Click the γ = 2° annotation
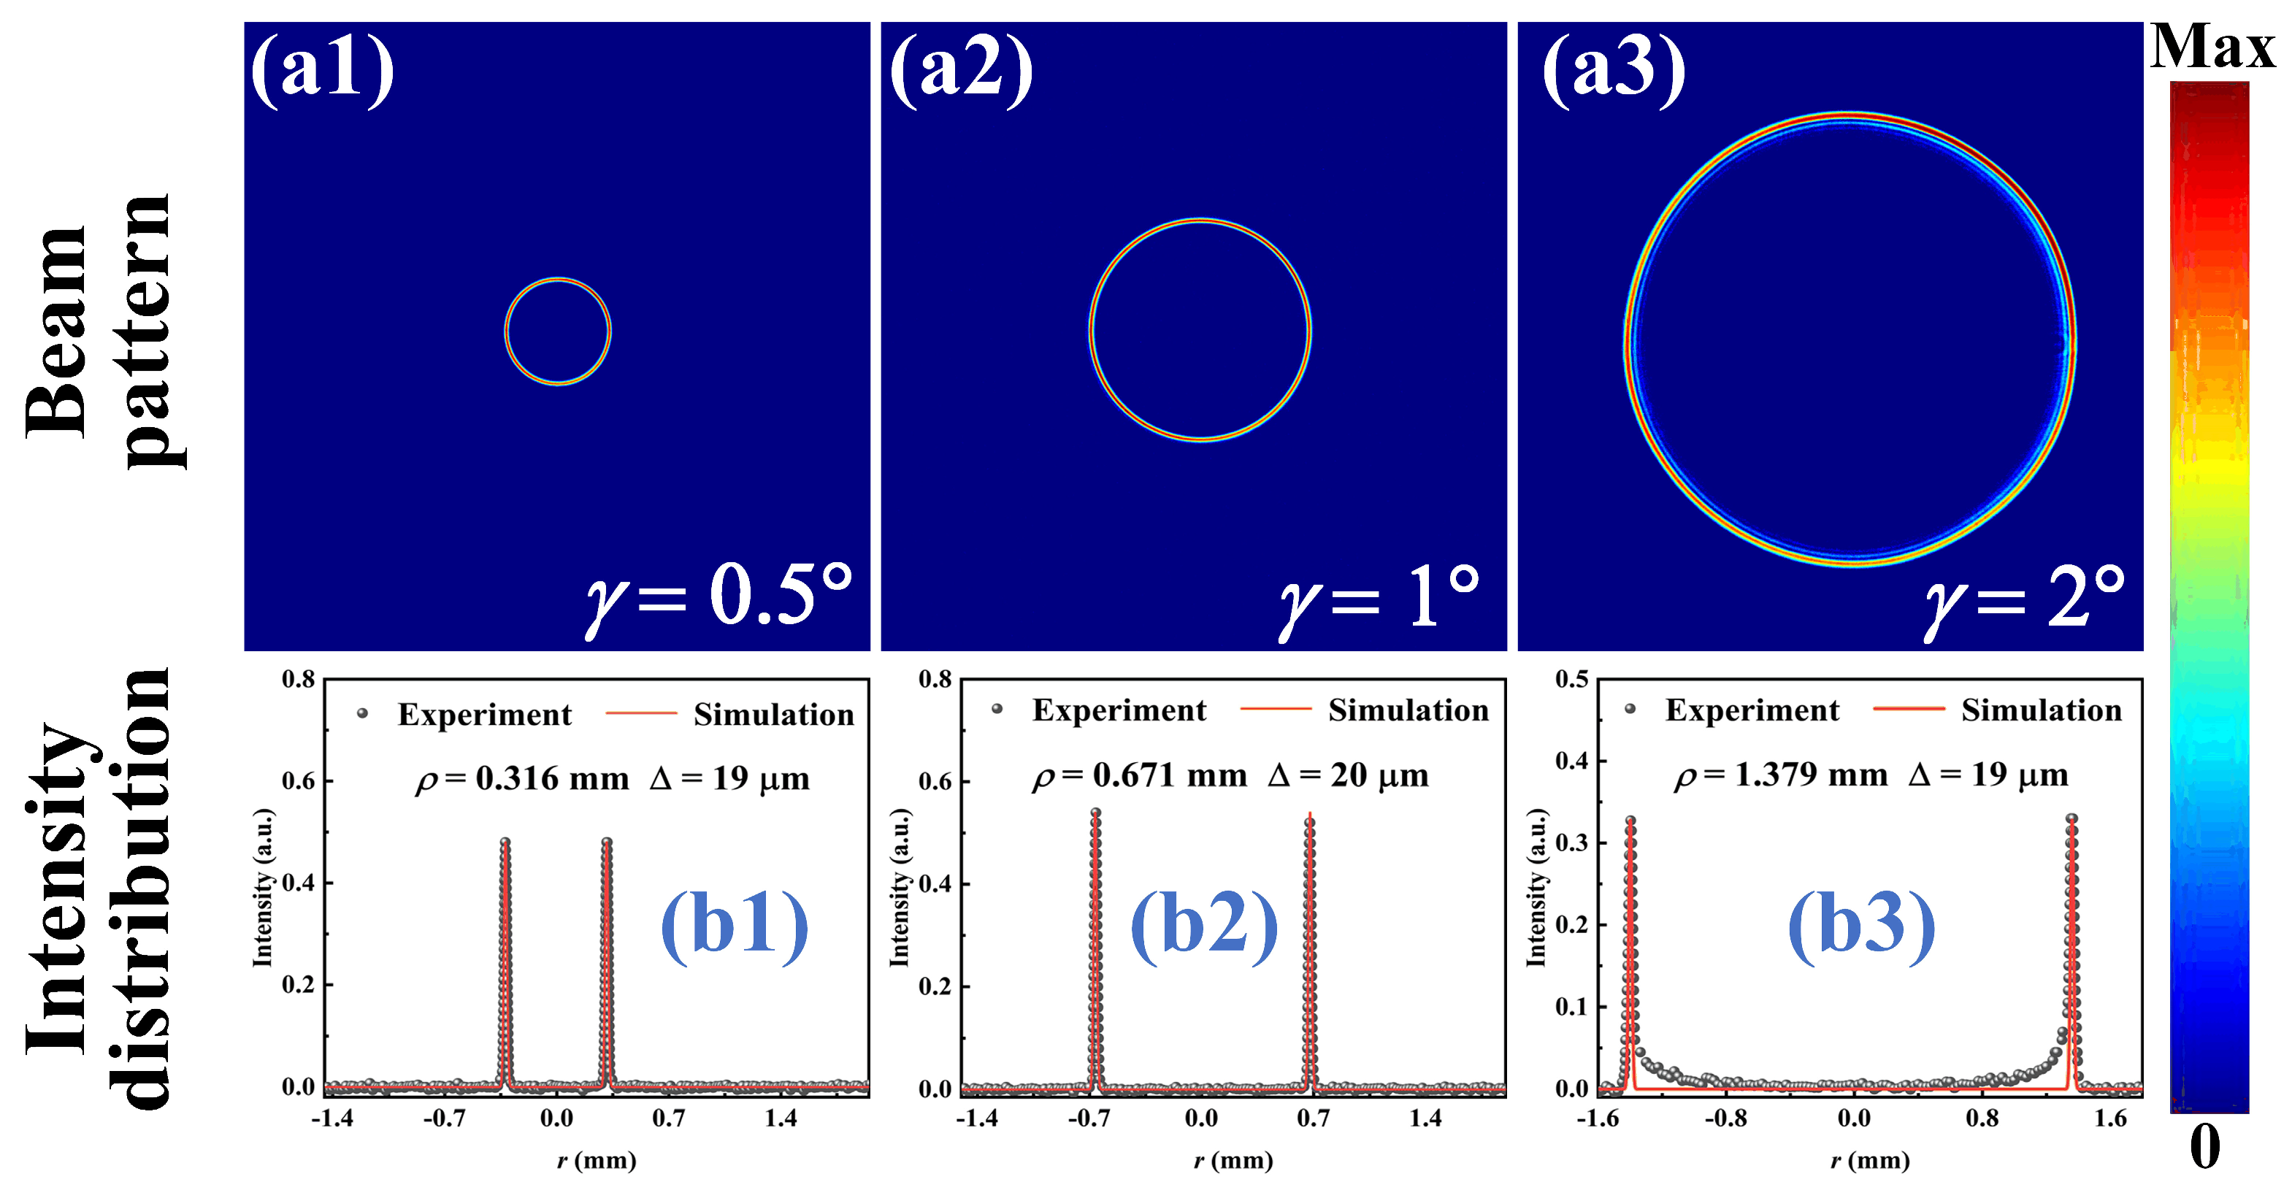point(2024,596)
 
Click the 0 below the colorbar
point(2205,1148)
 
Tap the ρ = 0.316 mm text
point(522,779)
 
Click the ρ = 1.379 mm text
point(1782,775)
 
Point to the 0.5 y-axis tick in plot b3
point(1571,680)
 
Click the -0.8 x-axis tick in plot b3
point(1725,1118)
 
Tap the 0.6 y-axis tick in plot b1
point(298,781)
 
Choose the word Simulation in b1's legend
point(773,714)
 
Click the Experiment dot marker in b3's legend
point(1630,709)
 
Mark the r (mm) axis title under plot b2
point(1233,1161)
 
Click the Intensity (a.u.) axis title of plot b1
point(262,887)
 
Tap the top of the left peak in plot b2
point(1095,813)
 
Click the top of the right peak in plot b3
point(2072,818)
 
